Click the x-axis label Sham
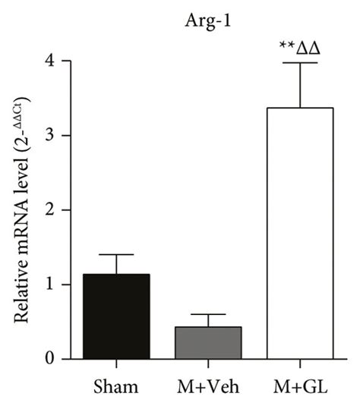point(116,388)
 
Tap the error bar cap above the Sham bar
point(116,255)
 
